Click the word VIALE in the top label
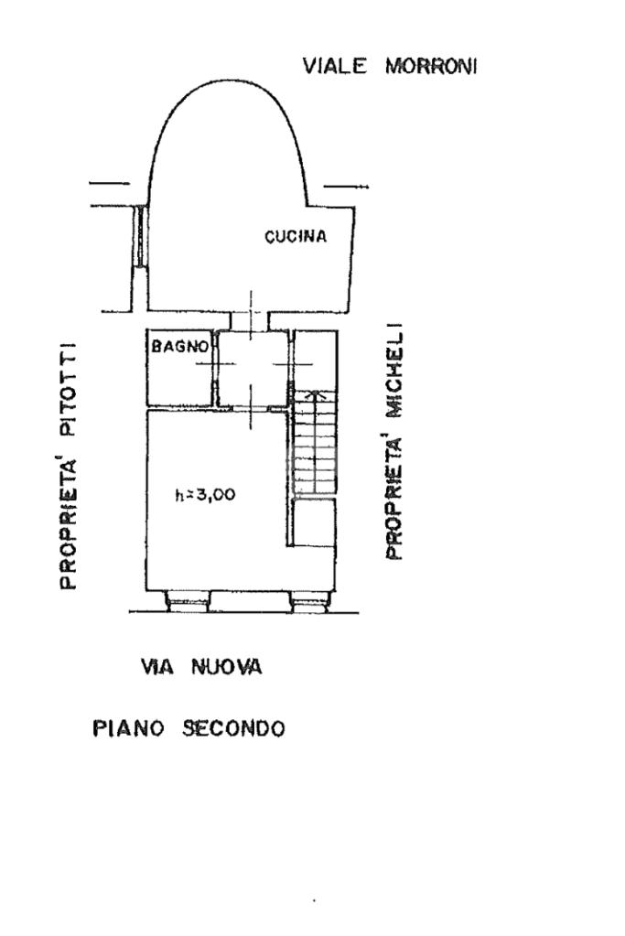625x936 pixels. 334,66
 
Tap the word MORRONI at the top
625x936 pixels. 431,66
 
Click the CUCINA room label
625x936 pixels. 296,237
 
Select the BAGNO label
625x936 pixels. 179,346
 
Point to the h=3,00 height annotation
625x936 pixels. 205,495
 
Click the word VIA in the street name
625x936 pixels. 157,666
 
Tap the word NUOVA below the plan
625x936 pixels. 227,666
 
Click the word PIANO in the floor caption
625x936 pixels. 128,728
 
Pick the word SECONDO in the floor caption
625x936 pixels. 234,728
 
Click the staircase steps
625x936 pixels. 314,443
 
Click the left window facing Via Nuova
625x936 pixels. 188,600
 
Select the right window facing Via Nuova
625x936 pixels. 310,600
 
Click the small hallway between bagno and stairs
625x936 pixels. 252,369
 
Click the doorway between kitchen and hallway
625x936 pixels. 251,320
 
